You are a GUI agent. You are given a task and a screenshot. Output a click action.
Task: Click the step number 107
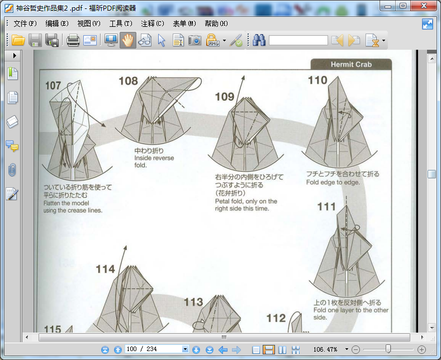53,86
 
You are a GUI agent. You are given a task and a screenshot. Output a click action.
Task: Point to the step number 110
317,80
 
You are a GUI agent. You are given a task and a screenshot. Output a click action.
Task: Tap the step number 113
193,302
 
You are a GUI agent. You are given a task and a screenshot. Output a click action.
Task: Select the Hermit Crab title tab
351,64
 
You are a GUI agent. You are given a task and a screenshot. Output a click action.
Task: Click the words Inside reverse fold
154,162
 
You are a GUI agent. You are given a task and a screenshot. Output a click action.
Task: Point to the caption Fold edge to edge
333,182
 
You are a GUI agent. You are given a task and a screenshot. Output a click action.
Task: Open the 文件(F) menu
25,23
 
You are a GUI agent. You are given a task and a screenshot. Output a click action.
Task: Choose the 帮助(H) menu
216,23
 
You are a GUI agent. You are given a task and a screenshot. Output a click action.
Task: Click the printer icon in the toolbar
73,40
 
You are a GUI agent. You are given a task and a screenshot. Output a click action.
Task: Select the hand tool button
127,40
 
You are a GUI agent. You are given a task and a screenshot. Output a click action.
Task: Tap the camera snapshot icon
195,40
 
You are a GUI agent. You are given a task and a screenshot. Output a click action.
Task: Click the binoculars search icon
259,40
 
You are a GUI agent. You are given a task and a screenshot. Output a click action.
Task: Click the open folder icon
18,40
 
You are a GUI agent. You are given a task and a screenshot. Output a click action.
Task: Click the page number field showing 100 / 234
154,349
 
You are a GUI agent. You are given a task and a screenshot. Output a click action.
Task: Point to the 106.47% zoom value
325,349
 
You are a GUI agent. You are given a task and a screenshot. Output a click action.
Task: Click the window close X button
424,6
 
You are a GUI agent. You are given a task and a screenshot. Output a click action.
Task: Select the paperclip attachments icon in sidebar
12,170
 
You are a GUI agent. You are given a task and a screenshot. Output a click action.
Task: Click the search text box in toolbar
298,40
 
